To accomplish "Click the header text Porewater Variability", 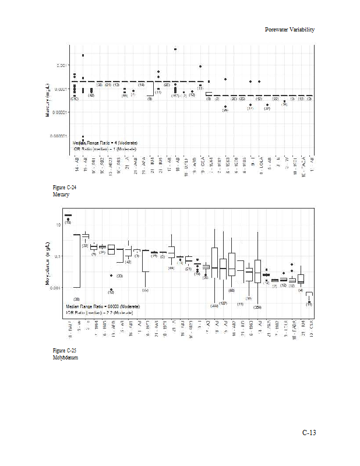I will pos(290,29).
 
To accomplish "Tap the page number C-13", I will pos(308,433).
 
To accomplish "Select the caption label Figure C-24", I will pos(64,188).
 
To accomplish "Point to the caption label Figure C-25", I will pos(64,350).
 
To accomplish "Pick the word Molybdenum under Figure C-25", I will pos(65,357).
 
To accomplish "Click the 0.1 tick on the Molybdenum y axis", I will pos(58,256).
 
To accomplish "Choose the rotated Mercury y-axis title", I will pos(47,100).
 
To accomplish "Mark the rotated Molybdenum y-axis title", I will pos(47,266).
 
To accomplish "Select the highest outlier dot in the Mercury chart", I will pos(175,49).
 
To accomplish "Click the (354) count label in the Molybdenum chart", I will pos(257,306).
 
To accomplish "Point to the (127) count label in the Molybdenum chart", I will pos(223,303).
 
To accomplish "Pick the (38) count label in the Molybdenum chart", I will pos(76,299).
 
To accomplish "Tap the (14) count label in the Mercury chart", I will pos(141,85).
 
